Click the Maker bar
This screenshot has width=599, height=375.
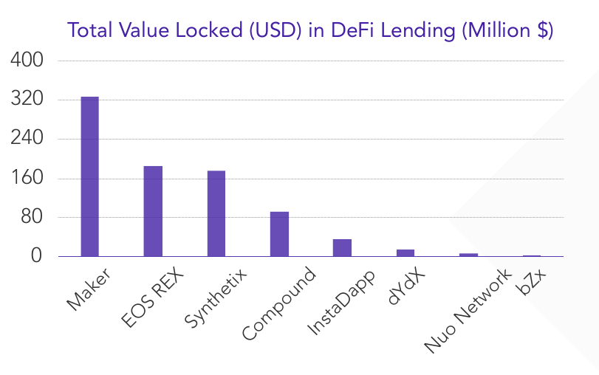[x=89, y=176]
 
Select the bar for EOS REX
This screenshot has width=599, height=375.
[x=153, y=211]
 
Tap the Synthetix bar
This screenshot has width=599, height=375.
[x=216, y=213]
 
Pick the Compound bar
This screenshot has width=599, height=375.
[x=279, y=234]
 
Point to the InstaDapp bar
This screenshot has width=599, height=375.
[x=342, y=248]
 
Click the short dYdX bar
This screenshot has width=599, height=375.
[x=405, y=253]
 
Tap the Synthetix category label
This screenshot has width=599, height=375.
[x=214, y=299]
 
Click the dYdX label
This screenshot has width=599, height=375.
[x=405, y=288]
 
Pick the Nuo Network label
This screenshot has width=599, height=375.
[x=468, y=311]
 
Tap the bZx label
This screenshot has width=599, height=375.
[x=531, y=284]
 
